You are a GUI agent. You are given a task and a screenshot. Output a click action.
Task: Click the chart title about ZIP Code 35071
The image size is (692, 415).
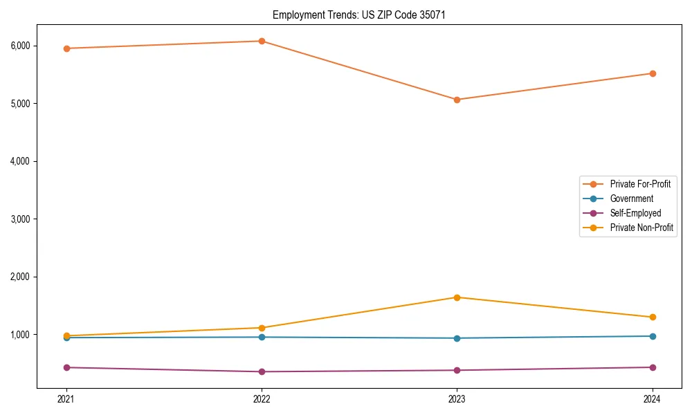354,15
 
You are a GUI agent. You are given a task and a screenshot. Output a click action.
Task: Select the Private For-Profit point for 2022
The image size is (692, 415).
262,41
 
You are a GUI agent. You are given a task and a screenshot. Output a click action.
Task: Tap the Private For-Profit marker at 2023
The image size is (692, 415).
457,100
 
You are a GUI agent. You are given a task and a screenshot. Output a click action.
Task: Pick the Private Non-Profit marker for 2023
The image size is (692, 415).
457,297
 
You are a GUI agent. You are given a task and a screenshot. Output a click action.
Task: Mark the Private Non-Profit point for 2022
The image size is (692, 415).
262,328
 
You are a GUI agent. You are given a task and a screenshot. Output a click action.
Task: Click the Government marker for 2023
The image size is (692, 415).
457,338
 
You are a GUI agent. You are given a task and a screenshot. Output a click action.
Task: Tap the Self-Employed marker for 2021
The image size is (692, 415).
66,367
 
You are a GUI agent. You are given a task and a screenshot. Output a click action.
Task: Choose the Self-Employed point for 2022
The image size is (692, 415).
262,371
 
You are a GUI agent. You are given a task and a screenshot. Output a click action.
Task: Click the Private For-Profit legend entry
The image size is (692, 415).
640,184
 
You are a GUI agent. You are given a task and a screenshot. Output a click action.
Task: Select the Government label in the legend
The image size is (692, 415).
631,199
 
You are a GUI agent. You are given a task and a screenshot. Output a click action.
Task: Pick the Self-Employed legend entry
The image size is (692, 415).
635,213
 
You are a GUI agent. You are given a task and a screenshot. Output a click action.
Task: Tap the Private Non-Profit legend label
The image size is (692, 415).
641,228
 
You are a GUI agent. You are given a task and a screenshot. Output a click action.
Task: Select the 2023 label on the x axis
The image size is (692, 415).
457,399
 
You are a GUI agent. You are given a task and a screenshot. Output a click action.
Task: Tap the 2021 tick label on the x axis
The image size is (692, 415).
66,399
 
